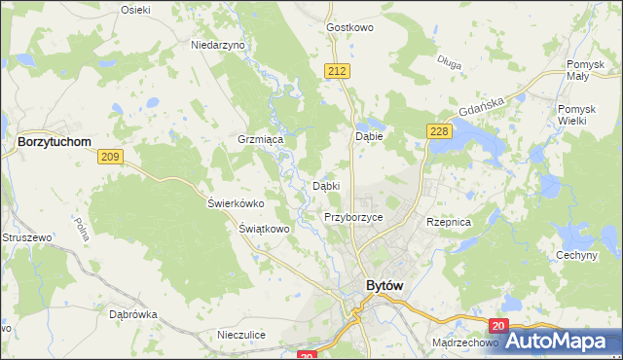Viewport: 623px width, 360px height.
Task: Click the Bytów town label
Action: (x=384, y=286)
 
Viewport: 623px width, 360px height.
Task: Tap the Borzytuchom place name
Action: (x=55, y=142)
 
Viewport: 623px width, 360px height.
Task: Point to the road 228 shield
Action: (x=436, y=130)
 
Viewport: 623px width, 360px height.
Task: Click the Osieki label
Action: (x=135, y=9)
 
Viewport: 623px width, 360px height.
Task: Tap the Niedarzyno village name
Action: (x=218, y=45)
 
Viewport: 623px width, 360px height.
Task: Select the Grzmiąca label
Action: (x=260, y=140)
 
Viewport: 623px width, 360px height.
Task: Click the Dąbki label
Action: (x=325, y=186)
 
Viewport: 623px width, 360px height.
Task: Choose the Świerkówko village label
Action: (x=236, y=203)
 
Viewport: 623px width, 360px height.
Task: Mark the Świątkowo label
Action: (x=265, y=229)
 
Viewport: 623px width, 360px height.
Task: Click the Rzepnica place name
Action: (x=449, y=222)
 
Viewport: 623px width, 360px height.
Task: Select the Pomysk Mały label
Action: (x=587, y=71)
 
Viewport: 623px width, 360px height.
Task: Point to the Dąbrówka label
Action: (x=133, y=314)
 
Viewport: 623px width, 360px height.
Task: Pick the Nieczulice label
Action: (x=242, y=335)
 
